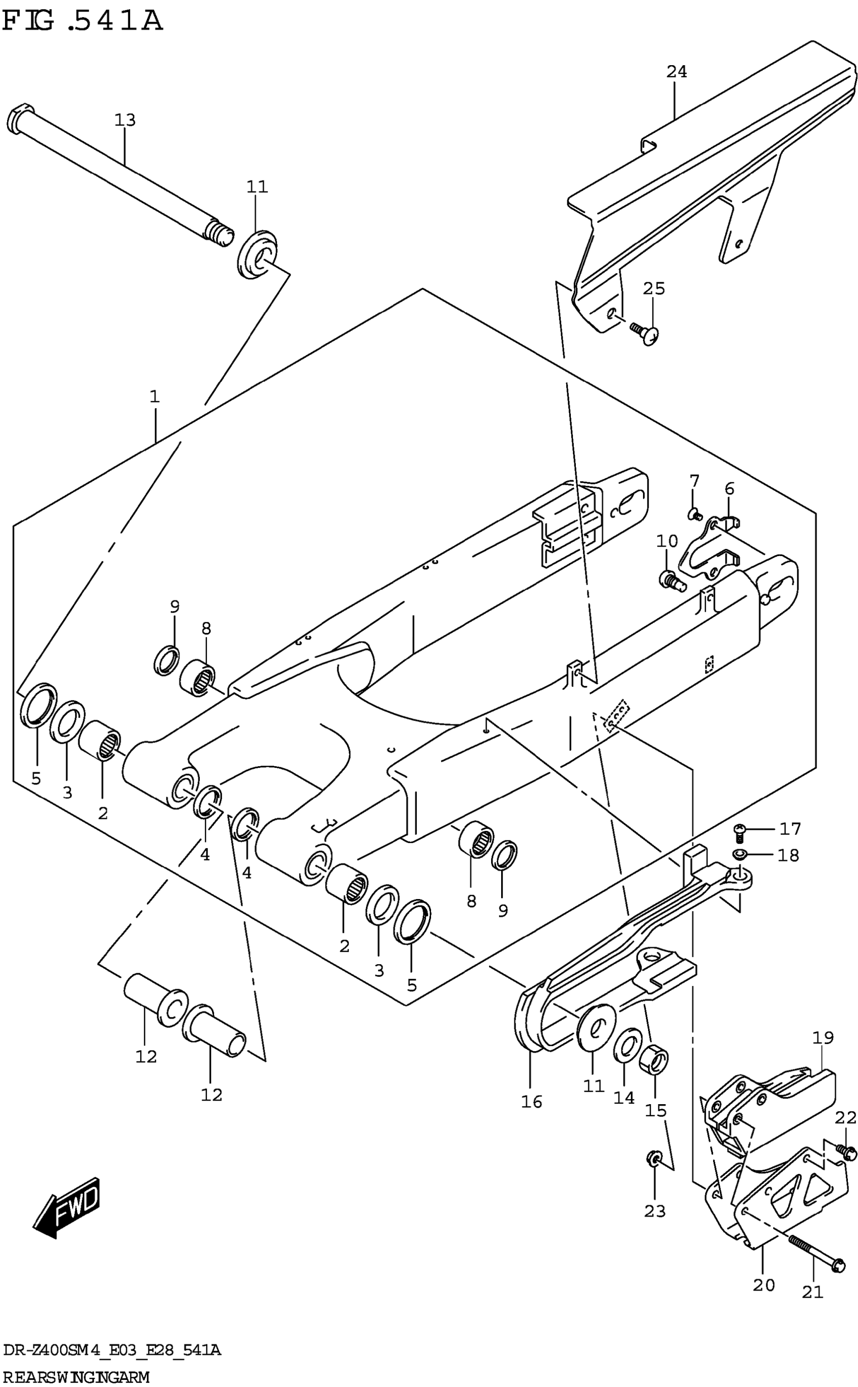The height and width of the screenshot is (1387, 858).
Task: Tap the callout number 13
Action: (x=125, y=120)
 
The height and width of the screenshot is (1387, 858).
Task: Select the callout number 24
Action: (x=676, y=72)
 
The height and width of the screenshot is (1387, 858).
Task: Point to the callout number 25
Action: (x=654, y=288)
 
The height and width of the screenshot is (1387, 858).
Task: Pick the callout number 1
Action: (x=154, y=397)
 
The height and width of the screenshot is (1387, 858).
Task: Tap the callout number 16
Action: (x=532, y=1102)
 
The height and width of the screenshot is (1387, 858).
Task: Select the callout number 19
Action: (x=823, y=1038)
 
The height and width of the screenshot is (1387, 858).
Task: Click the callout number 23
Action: (x=655, y=1212)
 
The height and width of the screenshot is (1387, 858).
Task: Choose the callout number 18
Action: (x=788, y=855)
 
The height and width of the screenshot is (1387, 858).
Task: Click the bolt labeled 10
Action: (x=670, y=580)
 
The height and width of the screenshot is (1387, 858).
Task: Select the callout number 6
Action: (x=729, y=488)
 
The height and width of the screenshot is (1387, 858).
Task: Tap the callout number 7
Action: (x=694, y=481)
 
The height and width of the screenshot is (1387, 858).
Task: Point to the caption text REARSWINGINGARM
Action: (x=76, y=1376)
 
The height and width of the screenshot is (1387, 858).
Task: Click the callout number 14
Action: (x=624, y=1098)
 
